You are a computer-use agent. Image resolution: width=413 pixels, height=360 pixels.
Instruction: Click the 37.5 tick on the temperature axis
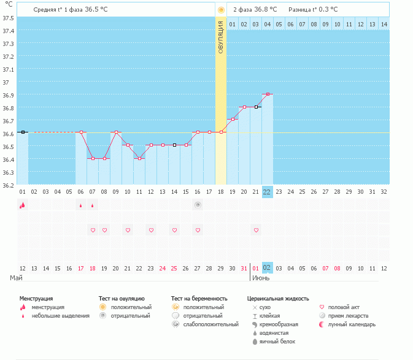8,18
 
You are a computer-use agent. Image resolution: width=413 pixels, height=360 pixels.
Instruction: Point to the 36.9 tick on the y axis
8,95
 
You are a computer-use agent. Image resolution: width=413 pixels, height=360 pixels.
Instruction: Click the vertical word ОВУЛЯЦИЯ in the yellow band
221,37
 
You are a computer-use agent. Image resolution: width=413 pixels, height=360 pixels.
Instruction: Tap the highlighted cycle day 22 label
267,191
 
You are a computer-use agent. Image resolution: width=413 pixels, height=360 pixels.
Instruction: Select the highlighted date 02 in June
267,268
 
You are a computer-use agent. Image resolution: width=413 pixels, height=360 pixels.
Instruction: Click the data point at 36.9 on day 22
268,94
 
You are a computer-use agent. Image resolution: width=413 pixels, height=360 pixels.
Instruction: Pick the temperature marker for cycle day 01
23,132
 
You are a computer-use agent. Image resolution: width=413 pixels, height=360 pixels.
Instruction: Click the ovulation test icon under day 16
198,205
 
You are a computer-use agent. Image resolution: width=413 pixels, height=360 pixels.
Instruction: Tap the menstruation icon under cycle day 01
23,205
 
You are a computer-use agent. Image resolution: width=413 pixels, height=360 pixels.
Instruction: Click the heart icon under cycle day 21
256,230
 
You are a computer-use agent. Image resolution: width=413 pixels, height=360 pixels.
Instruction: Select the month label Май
16,278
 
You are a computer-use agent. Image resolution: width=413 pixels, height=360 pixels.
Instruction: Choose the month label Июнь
261,278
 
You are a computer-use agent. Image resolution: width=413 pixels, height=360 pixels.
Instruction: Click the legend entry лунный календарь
352,324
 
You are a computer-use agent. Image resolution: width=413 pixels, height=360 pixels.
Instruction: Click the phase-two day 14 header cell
384,24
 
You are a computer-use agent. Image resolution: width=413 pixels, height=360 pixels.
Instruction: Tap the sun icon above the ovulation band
221,10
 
